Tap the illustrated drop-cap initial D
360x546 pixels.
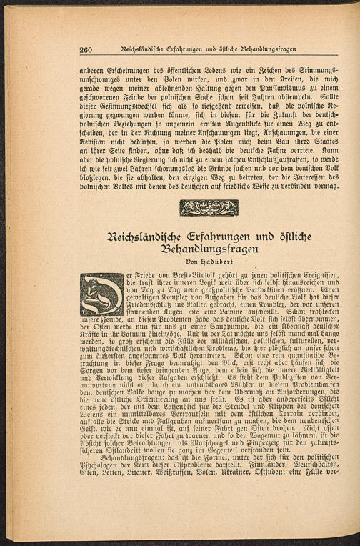tap(102, 293)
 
